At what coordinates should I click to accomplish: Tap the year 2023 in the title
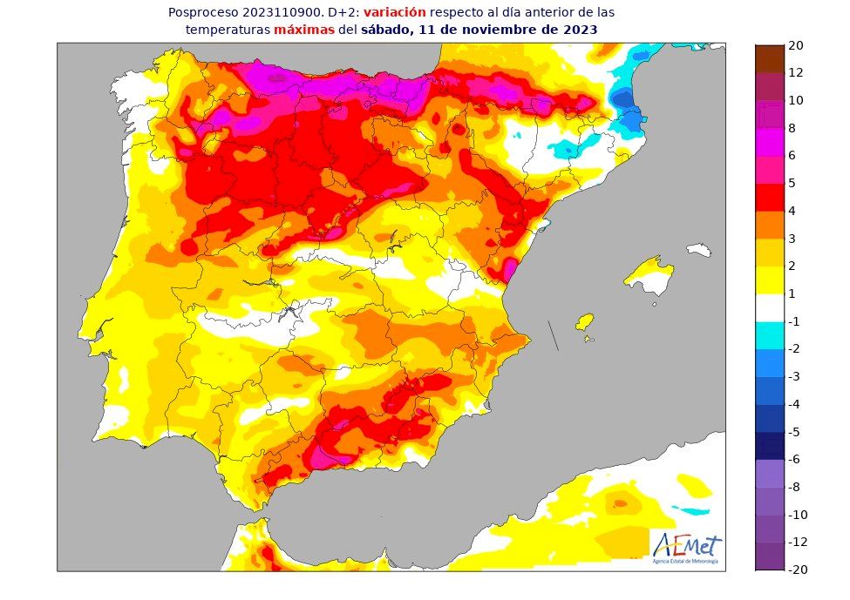pos(581,29)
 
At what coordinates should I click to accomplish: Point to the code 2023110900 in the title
pos(267,13)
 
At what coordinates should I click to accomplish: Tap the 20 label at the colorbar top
pos(796,45)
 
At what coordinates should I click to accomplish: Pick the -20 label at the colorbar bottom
pos(798,570)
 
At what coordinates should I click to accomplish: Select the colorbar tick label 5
pos(792,183)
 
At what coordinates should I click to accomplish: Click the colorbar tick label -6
pos(794,459)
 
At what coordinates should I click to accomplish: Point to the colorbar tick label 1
pos(792,293)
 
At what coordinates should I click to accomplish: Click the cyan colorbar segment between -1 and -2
pos(770,335)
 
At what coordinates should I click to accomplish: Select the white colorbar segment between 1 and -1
pos(770,307)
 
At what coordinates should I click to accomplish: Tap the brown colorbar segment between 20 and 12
pos(770,58)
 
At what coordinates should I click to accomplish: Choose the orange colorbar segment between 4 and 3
pos(770,225)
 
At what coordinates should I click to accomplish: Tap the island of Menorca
pos(700,250)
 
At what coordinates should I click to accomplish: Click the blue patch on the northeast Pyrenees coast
pos(624,100)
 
